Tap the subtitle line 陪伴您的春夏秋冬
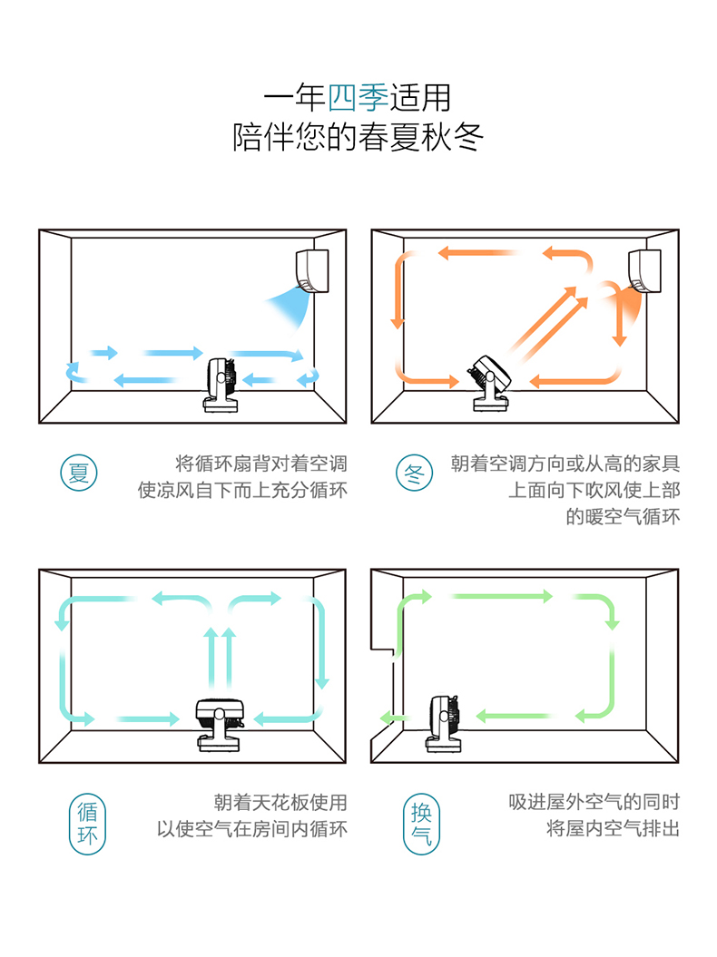pyautogui.click(x=358, y=138)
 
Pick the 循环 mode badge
pyautogui.click(x=87, y=824)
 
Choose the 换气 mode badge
pyautogui.click(x=421, y=824)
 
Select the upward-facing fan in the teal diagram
pyautogui.click(x=221, y=723)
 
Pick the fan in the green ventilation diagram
pyautogui.click(x=444, y=723)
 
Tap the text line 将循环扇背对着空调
pyautogui.click(x=260, y=464)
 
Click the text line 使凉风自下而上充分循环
pyautogui.click(x=242, y=491)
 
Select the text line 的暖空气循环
pyautogui.click(x=623, y=517)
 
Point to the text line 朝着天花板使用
pyautogui.click(x=280, y=803)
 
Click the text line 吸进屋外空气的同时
pyautogui.click(x=594, y=802)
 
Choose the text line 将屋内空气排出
pyautogui.click(x=613, y=829)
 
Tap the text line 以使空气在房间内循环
pyautogui.click(x=251, y=830)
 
